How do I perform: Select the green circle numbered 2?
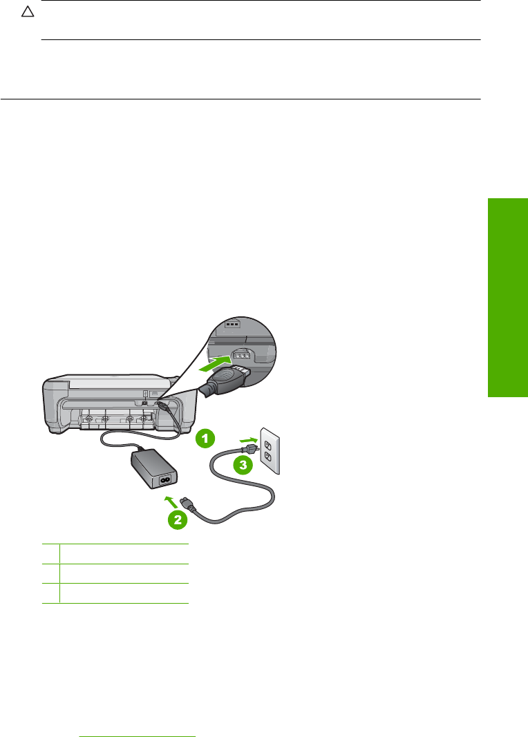coord(178,519)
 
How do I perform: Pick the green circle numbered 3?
coord(243,465)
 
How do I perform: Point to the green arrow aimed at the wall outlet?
coord(247,438)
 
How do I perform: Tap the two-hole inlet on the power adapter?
coord(167,477)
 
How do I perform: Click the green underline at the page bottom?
coord(138,718)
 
